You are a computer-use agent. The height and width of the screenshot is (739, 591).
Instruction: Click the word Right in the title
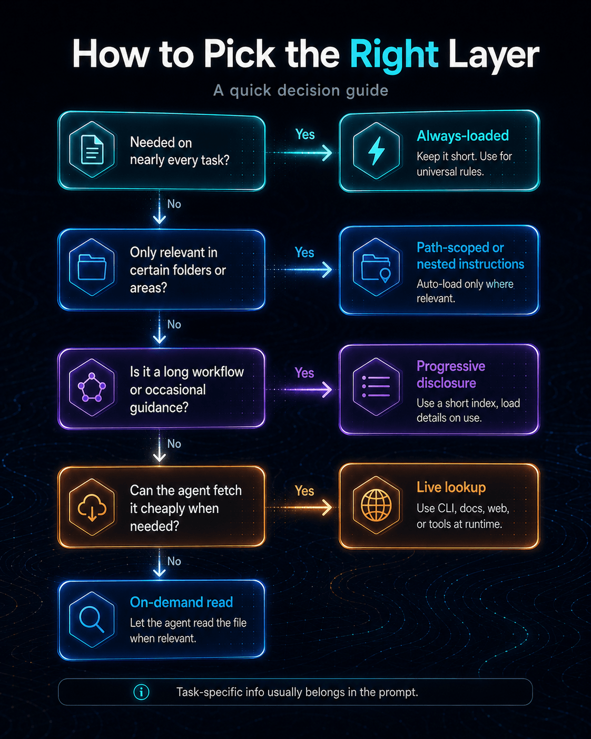coord(393,55)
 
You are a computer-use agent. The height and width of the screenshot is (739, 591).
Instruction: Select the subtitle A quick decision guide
coord(301,90)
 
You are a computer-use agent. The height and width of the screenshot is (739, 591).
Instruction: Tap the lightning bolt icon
coord(376,151)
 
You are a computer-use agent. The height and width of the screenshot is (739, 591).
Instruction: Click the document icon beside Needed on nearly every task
coord(92,149)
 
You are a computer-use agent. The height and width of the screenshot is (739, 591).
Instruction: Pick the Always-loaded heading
coord(462,135)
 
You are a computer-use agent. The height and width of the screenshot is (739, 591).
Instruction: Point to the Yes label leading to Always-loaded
coord(305,134)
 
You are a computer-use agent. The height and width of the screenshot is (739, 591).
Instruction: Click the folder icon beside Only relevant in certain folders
coord(92,267)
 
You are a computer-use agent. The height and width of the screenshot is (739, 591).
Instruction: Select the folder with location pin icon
coord(376,268)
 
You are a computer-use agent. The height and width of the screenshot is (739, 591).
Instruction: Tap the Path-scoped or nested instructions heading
coord(470,256)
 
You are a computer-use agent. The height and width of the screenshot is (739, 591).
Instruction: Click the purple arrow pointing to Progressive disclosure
coord(299,390)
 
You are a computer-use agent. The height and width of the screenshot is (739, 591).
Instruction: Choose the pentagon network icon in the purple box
coord(92,387)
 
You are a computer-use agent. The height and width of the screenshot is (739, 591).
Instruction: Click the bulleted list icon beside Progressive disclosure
coord(376,386)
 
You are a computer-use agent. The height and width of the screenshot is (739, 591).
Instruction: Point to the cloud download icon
coord(92,507)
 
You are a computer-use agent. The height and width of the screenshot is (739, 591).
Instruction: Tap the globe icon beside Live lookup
coord(376,504)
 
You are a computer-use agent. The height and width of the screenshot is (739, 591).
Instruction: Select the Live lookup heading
coord(451,487)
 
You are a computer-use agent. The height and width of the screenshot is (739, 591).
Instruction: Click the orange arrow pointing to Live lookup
coord(299,507)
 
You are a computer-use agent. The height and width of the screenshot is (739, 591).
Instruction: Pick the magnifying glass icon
coord(92,620)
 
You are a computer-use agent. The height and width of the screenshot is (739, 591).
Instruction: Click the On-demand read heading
coord(181,602)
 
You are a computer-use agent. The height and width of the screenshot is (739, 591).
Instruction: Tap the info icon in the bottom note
coord(141,692)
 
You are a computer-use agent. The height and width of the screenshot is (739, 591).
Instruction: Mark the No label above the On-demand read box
coord(174,561)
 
